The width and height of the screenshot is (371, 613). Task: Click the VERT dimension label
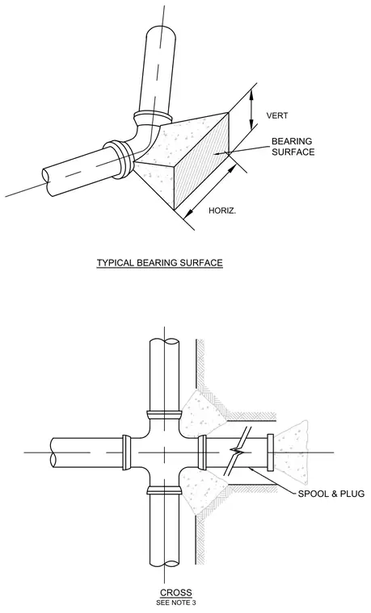point(277,115)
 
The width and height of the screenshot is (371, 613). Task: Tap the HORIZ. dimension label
point(222,211)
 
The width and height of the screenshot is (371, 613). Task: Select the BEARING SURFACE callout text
point(293,146)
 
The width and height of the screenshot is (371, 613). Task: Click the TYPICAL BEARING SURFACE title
point(159,262)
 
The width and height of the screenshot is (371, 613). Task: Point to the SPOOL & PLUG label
point(331,494)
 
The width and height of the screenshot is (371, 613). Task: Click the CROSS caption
point(176,592)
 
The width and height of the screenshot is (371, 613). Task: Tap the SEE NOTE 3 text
point(176,603)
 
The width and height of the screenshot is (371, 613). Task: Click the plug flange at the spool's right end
point(270,452)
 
